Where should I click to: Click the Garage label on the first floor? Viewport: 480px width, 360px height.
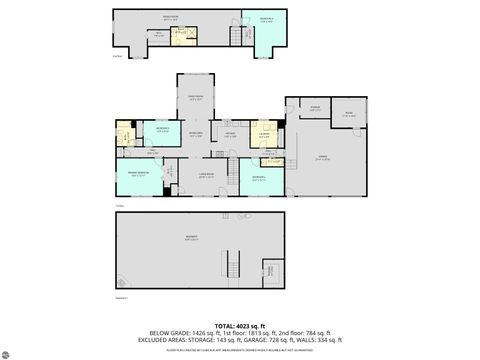pos(322,157)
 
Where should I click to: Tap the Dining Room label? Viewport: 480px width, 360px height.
pos(197,98)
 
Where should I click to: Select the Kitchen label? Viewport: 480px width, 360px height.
pos(230,135)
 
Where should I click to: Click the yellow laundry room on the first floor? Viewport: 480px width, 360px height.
pos(264,133)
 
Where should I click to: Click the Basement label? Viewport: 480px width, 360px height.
pos(191,238)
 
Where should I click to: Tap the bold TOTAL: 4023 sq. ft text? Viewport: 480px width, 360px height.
pos(240,326)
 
